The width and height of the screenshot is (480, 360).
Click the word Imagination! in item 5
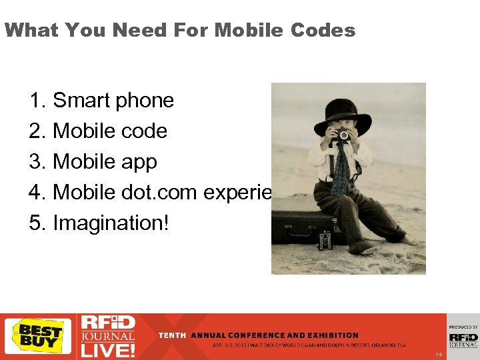(111, 223)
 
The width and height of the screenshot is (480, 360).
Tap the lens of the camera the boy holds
(343, 135)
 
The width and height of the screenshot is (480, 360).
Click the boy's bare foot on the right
(407, 239)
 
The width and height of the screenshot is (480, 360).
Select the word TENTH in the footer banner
(172, 335)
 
